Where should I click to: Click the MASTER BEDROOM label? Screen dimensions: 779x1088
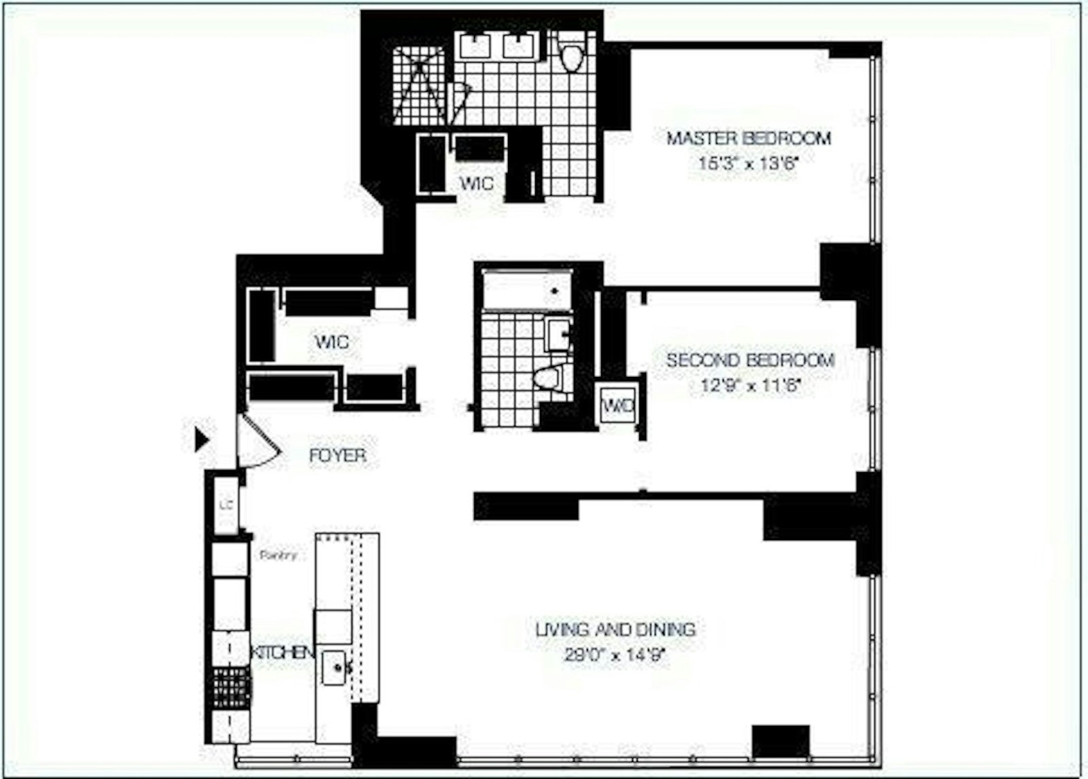748,138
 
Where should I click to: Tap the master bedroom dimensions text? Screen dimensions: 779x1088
748,163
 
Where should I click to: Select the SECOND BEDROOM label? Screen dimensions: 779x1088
750,360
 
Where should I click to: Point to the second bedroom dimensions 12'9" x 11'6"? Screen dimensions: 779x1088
750,386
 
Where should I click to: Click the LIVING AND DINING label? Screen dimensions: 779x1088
615,629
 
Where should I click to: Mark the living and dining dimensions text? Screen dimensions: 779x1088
614,656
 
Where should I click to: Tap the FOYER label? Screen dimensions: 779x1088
337,455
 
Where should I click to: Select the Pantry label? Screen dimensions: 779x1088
279,555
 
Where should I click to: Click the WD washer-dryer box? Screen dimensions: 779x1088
619,406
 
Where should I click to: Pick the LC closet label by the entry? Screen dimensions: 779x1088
226,505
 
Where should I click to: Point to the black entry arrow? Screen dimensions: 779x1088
201,440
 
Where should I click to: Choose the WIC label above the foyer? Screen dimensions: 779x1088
332,341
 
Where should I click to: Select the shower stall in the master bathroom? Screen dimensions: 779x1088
419,86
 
